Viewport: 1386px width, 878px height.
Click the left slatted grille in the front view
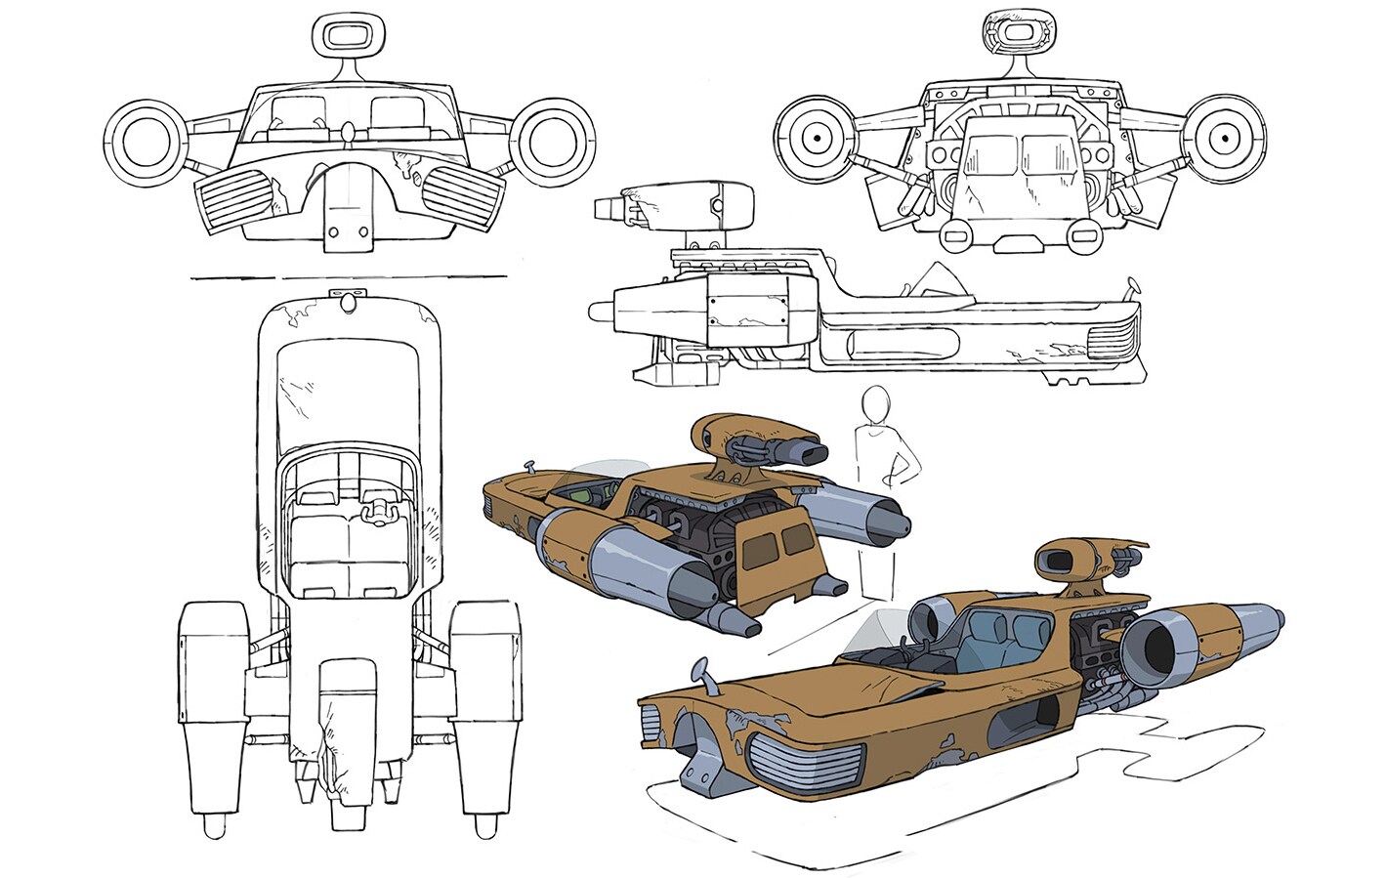(237, 200)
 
